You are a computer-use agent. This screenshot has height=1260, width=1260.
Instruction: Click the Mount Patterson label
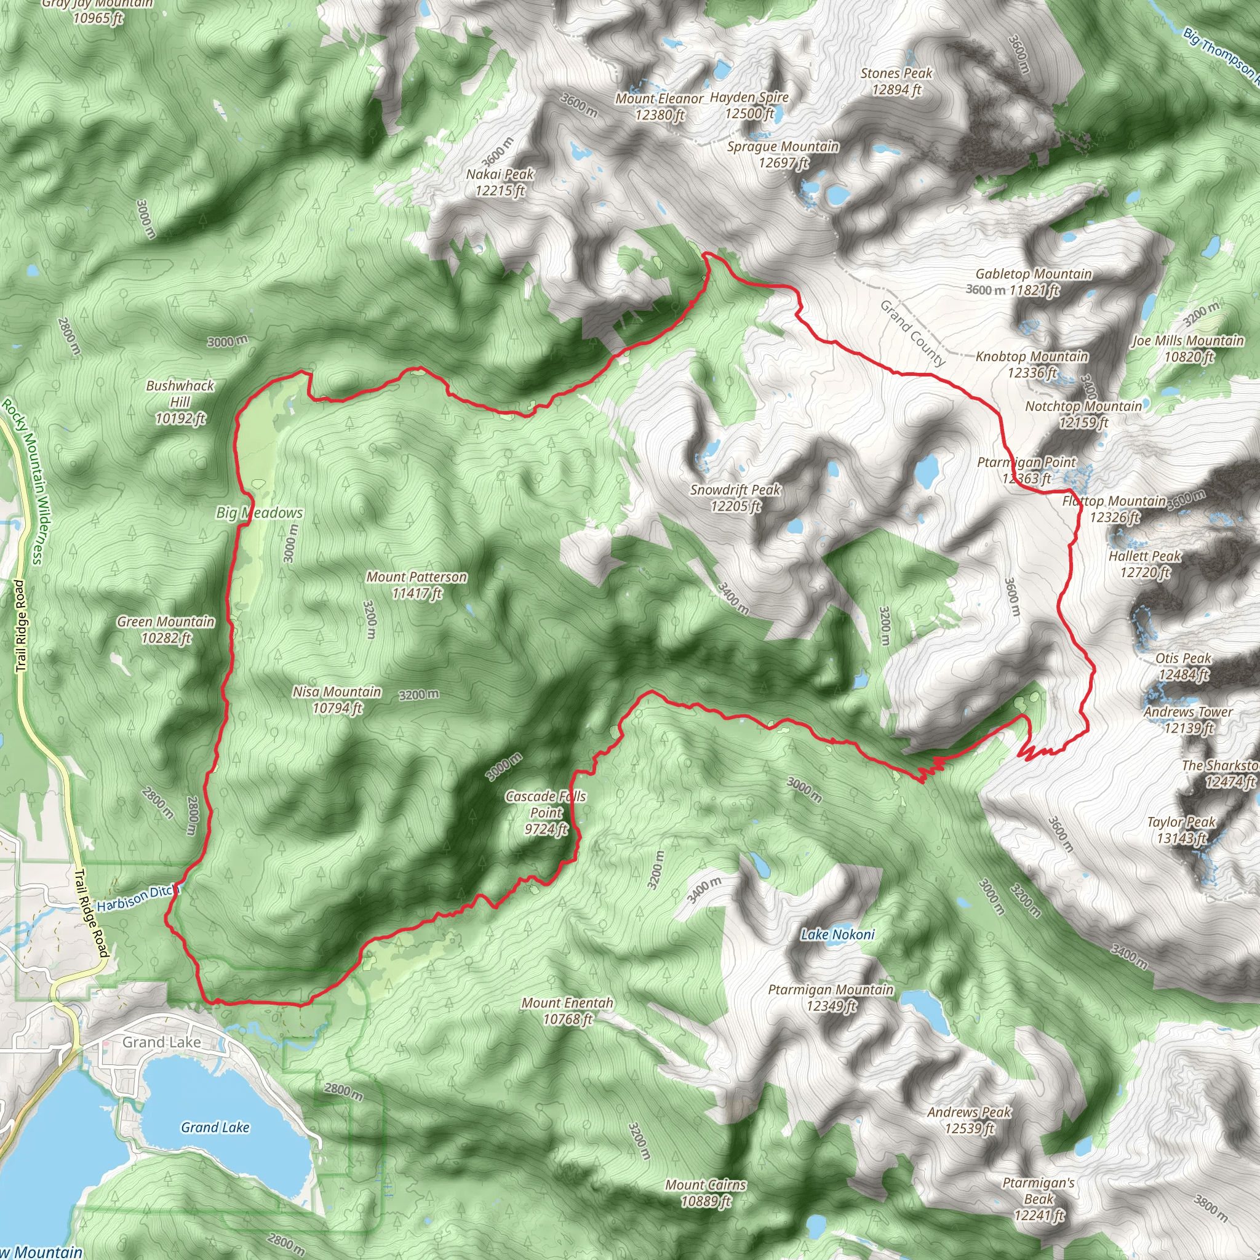coord(417,585)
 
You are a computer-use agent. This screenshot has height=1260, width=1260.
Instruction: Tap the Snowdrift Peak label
coord(735,498)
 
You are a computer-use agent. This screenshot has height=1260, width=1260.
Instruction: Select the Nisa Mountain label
coord(337,700)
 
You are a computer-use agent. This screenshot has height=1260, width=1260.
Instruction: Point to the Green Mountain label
coord(165,630)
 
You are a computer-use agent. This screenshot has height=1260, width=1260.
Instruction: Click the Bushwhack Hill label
coord(180,402)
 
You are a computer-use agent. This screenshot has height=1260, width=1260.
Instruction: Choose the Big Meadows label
coord(260,513)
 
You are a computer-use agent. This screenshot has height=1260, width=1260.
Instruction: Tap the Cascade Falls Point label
coord(546,813)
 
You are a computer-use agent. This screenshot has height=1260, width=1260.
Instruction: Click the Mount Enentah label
coord(567,1011)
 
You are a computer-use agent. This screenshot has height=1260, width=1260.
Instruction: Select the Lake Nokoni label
coord(837,935)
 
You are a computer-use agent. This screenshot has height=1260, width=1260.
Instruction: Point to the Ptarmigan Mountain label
coord(830,998)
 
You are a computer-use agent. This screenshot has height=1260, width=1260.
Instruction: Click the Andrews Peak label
coord(969,1120)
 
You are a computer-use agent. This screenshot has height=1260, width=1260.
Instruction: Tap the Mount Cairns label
coord(706,1193)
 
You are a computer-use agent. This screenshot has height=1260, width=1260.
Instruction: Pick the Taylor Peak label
coord(1181,830)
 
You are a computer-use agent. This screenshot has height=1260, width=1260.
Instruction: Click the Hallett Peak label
coord(1144,564)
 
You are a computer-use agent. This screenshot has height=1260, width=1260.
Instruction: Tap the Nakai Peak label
coord(500,182)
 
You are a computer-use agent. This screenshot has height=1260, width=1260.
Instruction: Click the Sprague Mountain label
coord(783,154)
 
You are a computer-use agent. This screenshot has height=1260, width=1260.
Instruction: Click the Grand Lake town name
coord(162,1042)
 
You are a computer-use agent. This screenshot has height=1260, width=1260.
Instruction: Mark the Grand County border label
coord(912,333)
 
